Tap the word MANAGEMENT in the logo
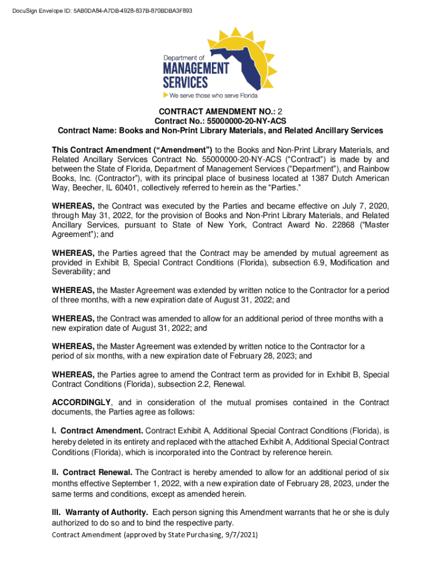(x=196, y=68)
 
